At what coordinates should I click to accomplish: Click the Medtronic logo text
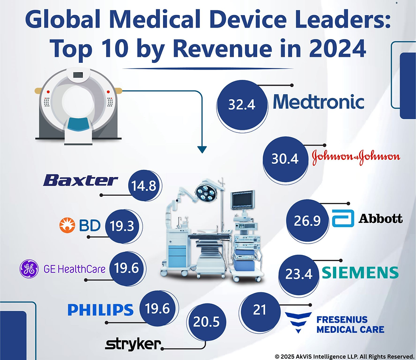(x=318, y=102)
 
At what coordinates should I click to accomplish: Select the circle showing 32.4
(x=242, y=104)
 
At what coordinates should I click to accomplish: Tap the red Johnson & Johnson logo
(x=356, y=157)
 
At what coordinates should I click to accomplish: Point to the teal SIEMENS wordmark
(x=360, y=273)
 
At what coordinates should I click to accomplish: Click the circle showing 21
(x=259, y=310)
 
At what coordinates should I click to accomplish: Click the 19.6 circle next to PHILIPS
(x=157, y=309)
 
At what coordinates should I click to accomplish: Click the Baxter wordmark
(x=80, y=180)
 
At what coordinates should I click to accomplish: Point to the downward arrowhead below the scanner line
(x=202, y=149)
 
